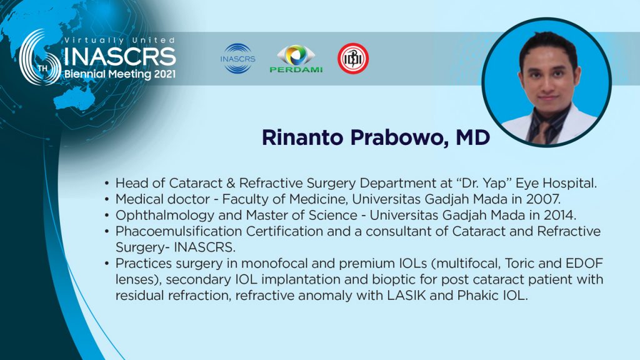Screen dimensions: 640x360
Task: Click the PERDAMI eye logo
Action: pyautogui.click(x=296, y=59)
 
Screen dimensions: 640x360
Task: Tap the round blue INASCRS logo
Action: pyautogui.click(x=237, y=58)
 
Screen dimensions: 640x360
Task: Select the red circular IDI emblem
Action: pyautogui.click(x=353, y=58)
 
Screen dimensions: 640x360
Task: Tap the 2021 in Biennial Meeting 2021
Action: pyautogui.click(x=165, y=74)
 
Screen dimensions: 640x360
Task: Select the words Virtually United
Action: pyautogui.click(x=119, y=40)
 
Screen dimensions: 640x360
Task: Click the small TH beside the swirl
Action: pyautogui.click(x=42, y=68)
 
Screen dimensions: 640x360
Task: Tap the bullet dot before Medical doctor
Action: pyautogui.click(x=106, y=199)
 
